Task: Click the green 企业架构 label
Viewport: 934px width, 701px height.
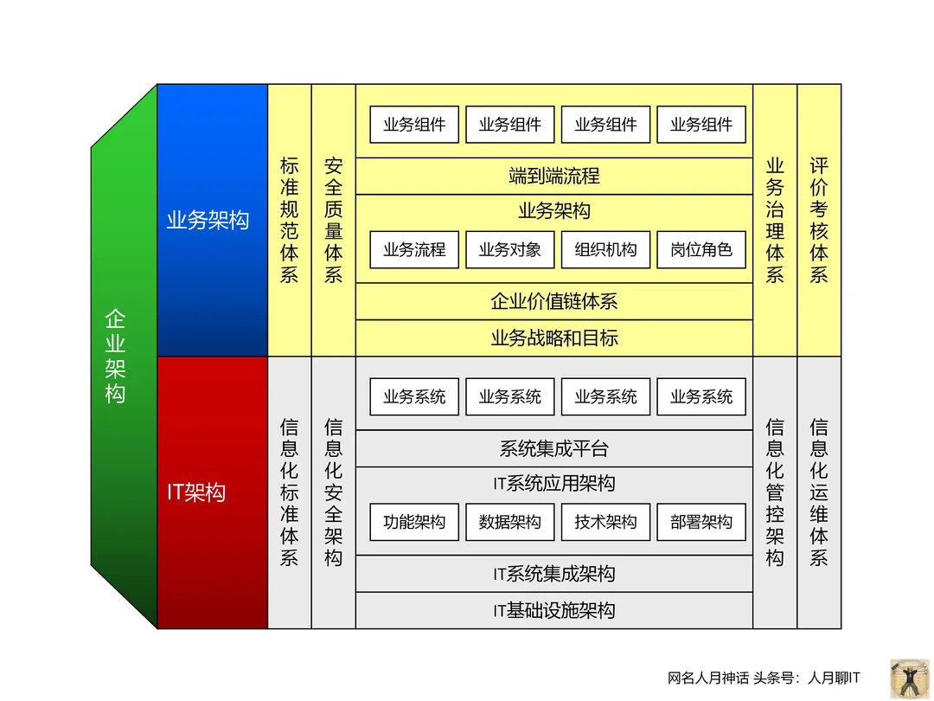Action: pos(115,356)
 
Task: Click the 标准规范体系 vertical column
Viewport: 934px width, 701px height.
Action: pos(290,220)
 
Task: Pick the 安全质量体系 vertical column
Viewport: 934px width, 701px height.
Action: pos(334,220)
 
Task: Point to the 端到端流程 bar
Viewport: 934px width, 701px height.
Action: pos(553,177)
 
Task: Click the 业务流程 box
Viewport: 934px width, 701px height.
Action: pos(414,250)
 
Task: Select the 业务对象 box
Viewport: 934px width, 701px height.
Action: pos(510,250)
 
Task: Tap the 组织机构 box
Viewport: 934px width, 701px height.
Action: pos(605,250)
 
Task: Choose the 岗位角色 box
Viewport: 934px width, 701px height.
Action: pos(701,250)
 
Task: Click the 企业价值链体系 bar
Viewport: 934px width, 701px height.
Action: pos(553,302)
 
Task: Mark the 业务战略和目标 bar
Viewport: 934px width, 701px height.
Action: pos(553,338)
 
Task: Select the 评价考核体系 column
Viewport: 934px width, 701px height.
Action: pos(819,220)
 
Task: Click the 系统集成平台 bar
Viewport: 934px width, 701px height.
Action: pos(553,449)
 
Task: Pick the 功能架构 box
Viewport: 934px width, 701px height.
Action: pos(414,523)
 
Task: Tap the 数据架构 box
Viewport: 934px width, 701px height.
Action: pos(510,523)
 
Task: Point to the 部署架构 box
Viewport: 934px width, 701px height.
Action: pos(701,523)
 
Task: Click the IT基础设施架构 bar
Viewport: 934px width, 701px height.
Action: pos(553,611)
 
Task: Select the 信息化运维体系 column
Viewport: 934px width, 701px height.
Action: pos(819,492)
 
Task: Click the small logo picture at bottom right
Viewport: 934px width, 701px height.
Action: pos(907,675)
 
